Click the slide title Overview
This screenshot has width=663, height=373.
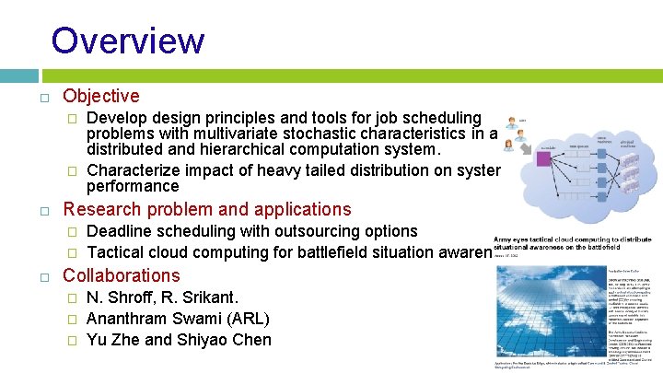pyautogui.click(x=128, y=41)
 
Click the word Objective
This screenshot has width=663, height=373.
pyautogui.click(x=100, y=96)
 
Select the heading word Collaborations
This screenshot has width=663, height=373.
pyautogui.click(x=121, y=275)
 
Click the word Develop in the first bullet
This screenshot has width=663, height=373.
pyautogui.click(x=119, y=118)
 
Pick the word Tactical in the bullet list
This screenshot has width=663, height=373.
pyautogui.click(x=120, y=251)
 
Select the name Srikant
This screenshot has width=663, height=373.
pyautogui.click(x=211, y=297)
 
